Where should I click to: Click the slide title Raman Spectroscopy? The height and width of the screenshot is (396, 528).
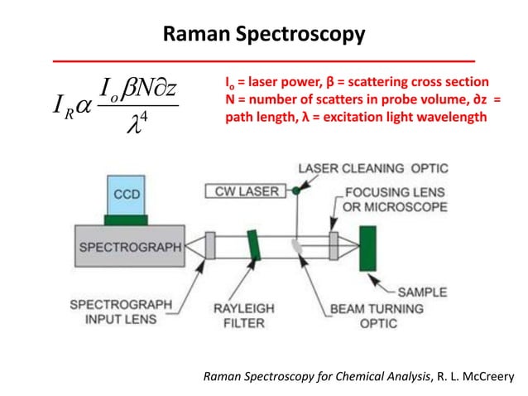pos(263,35)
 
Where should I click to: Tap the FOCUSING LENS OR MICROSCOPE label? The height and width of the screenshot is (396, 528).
pos(396,200)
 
